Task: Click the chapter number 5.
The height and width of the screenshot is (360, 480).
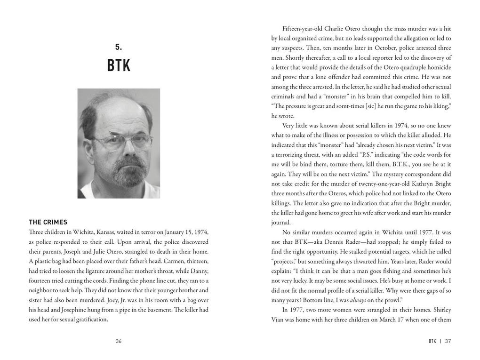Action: click(x=118, y=47)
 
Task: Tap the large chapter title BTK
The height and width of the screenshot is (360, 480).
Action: click(x=119, y=65)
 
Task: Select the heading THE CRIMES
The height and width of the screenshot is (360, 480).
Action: click(x=48, y=222)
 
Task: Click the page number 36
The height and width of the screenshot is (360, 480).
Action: click(x=119, y=341)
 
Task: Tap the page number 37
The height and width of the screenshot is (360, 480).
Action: click(x=448, y=341)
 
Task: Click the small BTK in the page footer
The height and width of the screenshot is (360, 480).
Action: click(x=432, y=341)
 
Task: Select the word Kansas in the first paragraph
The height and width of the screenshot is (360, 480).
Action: click(x=106, y=232)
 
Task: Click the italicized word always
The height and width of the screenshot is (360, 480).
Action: click(x=358, y=300)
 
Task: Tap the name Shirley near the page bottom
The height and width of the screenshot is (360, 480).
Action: click(x=440, y=310)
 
